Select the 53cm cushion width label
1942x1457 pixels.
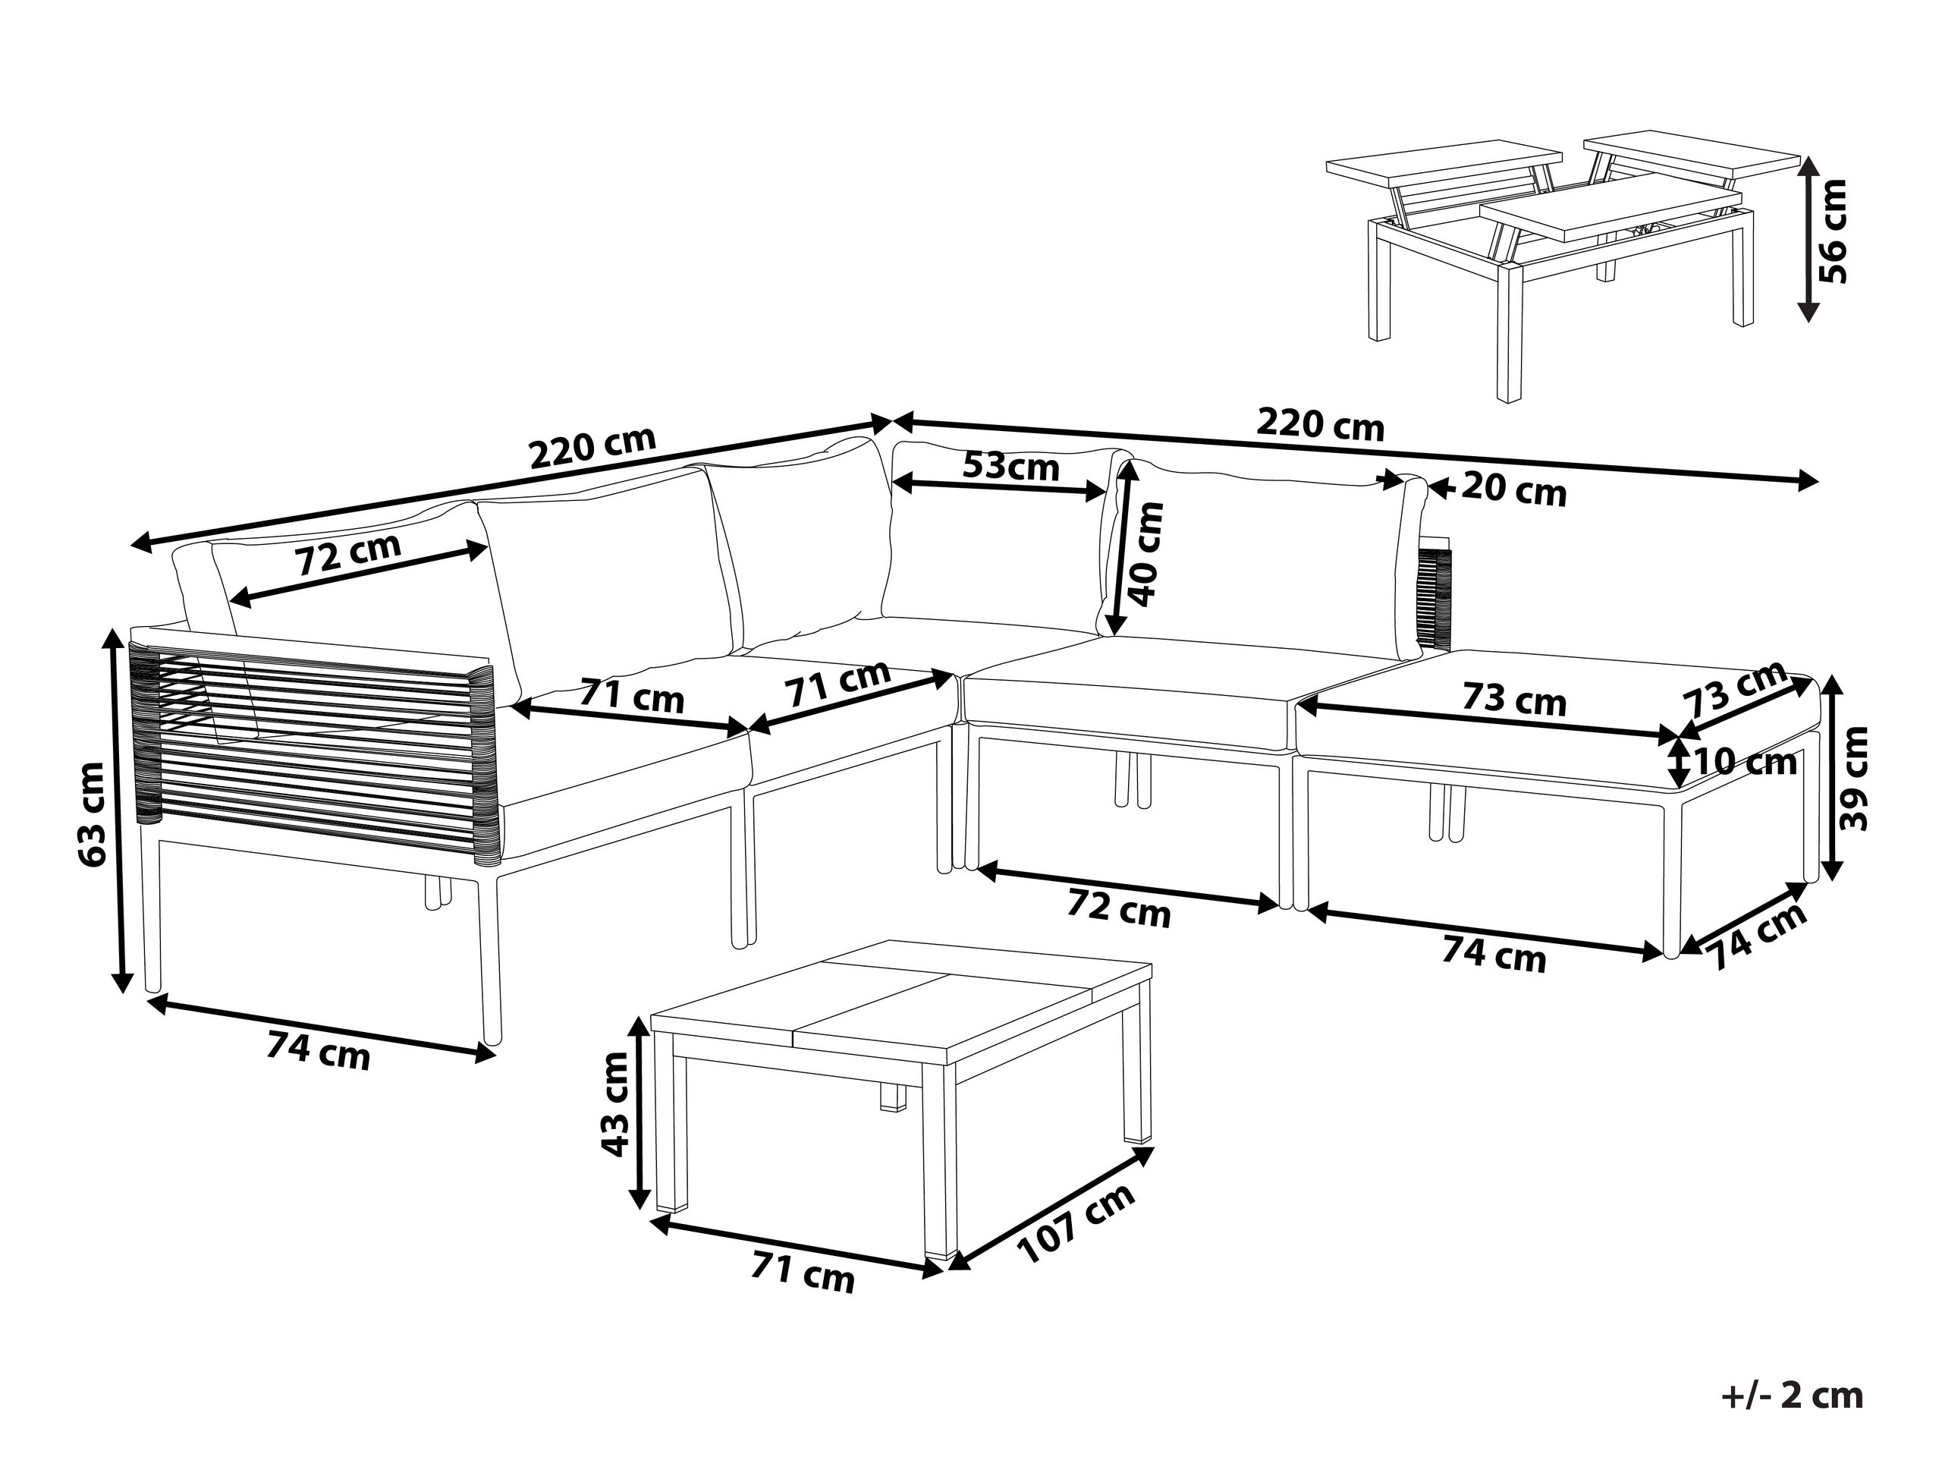(1010, 465)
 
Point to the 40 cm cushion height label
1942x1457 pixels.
(1146, 554)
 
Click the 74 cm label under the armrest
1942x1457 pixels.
(319, 1049)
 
